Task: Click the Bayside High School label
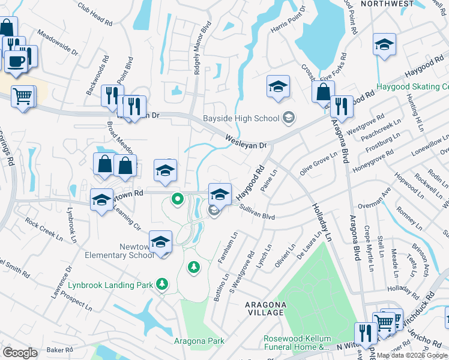241,118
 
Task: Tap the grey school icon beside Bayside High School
289,117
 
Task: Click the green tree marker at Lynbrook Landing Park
161,283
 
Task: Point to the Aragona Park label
199,341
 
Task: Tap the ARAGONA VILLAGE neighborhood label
265,308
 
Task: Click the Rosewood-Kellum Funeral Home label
297,343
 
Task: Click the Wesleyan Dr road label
246,142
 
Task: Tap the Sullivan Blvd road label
257,211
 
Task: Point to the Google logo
20,353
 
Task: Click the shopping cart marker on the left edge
23,95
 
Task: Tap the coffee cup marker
16,61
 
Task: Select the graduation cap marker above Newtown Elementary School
160,241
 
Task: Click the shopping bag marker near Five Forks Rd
323,92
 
